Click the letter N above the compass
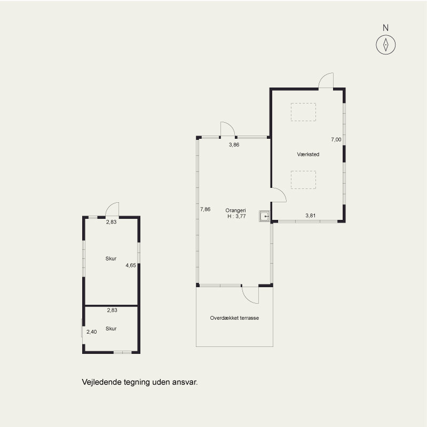click(385, 28)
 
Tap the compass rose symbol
click(385, 45)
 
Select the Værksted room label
click(308, 154)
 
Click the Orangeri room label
click(235, 210)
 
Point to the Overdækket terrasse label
click(234, 318)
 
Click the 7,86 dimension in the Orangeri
click(205, 209)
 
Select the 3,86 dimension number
click(234, 145)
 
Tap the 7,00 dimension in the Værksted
click(336, 139)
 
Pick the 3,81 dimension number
click(311, 216)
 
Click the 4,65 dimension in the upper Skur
click(131, 265)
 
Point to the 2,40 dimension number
click(91, 331)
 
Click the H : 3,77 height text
click(236, 216)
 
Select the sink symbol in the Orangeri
click(264, 216)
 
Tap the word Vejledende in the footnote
click(102, 382)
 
